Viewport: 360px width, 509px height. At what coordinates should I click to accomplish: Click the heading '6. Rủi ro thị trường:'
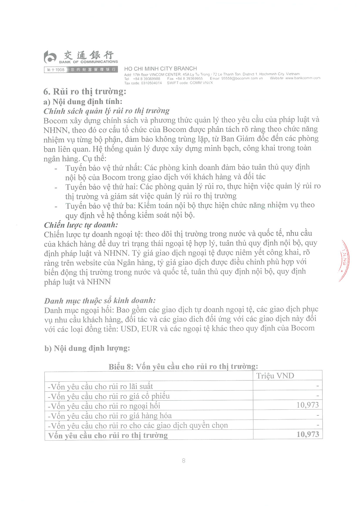[85, 91]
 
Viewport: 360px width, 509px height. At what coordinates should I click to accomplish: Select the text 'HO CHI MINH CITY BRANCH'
[161, 68]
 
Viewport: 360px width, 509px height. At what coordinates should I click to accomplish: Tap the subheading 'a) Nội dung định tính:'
[83, 102]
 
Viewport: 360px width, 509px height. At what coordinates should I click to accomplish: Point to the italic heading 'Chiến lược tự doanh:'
[81, 225]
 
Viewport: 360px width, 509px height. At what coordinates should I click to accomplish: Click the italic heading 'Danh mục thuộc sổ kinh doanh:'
[100, 301]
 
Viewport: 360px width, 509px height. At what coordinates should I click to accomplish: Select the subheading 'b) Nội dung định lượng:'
[87, 348]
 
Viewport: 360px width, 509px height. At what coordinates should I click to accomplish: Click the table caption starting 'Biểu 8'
[183, 366]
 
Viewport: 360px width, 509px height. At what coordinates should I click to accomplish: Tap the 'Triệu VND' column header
[275, 376]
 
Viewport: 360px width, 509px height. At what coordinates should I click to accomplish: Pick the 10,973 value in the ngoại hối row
[307, 405]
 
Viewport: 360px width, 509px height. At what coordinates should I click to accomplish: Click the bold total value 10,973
[308, 434]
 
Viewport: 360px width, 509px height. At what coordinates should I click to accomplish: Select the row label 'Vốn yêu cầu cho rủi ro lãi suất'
[100, 387]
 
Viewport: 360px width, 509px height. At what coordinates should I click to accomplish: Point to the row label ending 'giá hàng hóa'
[110, 416]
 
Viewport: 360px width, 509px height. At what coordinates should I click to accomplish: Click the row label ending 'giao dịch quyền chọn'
[138, 425]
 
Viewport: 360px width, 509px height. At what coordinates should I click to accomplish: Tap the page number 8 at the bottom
[184, 460]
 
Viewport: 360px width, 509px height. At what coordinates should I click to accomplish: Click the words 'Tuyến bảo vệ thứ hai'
[101, 186]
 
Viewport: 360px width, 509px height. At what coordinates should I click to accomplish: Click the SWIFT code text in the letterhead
[190, 83]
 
